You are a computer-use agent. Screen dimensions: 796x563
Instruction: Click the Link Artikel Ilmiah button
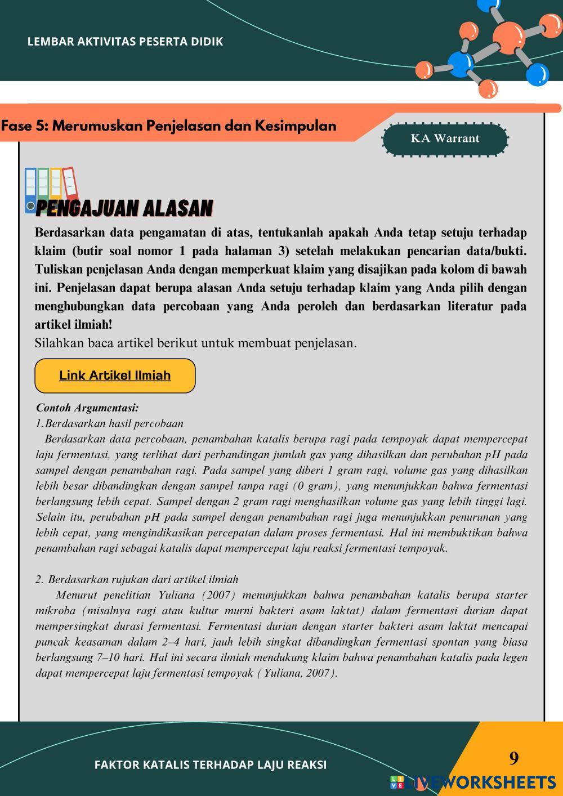(115, 375)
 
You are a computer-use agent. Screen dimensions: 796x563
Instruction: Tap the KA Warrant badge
(445, 138)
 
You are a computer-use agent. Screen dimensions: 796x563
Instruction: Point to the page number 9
(513, 759)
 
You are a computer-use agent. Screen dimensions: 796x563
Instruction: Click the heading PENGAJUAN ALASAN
(124, 209)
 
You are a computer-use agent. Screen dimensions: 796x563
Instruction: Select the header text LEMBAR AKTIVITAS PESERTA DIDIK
(125, 42)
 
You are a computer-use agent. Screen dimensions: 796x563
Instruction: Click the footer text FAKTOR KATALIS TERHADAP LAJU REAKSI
(211, 764)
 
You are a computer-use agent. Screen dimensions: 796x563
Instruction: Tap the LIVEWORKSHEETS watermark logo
(473, 782)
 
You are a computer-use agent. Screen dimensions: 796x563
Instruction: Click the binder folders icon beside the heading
(51, 189)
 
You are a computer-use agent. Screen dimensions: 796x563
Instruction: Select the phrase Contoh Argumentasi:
(87, 408)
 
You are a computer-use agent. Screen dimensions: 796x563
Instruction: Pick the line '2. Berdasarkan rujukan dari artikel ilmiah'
(137, 579)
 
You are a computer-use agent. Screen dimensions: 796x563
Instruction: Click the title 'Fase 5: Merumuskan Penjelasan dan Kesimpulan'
(168, 126)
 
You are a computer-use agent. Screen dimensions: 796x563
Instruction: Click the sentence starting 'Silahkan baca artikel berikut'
(195, 343)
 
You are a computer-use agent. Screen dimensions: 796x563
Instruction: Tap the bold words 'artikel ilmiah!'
(73, 325)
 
